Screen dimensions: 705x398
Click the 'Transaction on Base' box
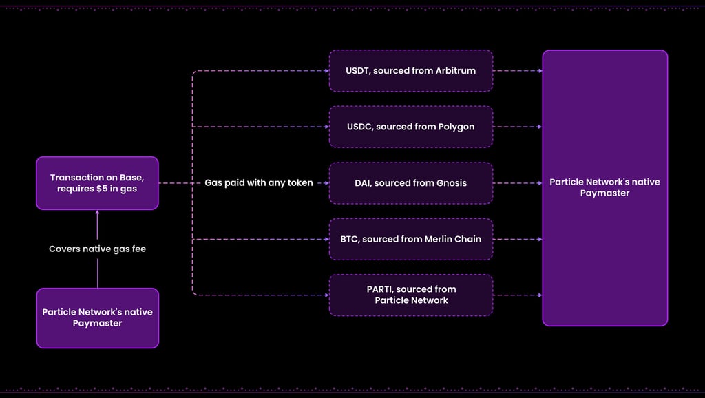click(97, 183)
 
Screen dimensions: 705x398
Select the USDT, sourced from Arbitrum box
click(411, 71)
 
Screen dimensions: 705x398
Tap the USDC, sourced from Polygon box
click(411, 127)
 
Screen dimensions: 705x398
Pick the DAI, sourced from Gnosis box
click(411, 183)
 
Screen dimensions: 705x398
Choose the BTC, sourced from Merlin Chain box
click(411, 239)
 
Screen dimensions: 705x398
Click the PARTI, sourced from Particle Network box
click(411, 295)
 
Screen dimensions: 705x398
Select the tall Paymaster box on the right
click(604, 188)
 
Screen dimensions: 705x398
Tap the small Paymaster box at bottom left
click(98, 318)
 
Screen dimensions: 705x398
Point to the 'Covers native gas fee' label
click(98, 249)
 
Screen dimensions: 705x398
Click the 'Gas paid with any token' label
click(259, 183)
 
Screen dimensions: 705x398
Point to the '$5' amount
click(102, 189)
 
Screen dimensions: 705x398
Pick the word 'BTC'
click(348, 239)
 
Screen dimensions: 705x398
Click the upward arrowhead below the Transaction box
click(98, 212)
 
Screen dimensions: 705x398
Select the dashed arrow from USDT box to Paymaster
click(518, 71)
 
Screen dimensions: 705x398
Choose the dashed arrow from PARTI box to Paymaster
click(518, 295)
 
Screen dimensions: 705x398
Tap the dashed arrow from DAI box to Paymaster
click(518, 183)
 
